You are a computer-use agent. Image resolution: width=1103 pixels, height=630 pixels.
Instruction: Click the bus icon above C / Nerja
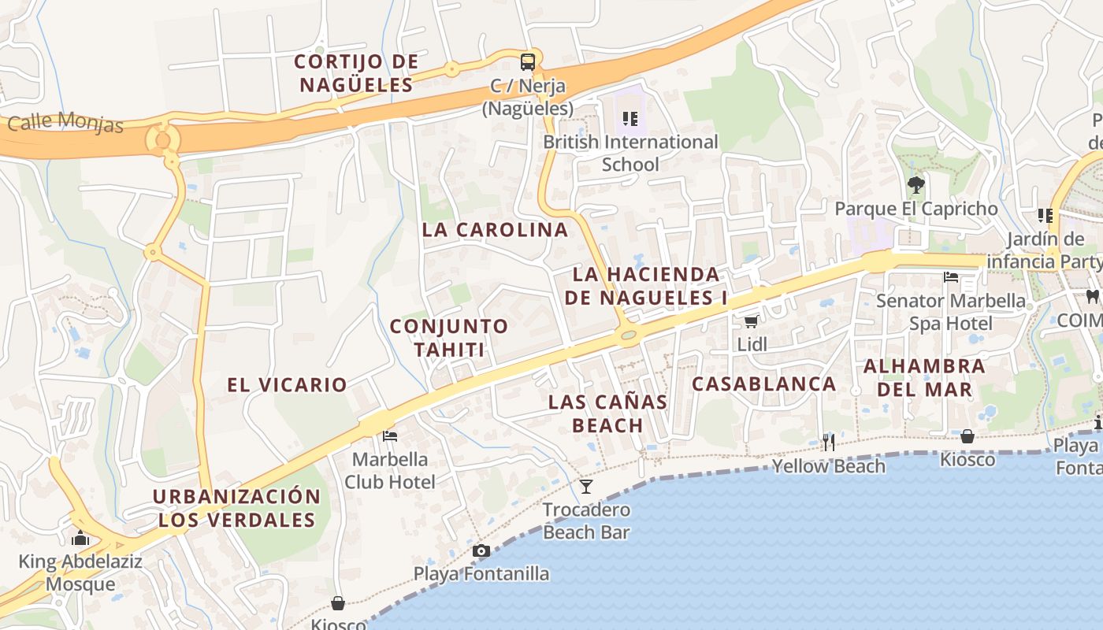click(x=528, y=61)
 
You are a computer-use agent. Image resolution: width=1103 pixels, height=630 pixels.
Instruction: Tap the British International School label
click(x=630, y=154)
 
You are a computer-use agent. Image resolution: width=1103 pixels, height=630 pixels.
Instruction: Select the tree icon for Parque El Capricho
click(x=915, y=186)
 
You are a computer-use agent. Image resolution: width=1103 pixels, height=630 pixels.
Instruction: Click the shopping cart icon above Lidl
click(x=752, y=321)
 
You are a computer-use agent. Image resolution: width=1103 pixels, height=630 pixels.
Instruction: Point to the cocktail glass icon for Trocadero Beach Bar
click(x=586, y=486)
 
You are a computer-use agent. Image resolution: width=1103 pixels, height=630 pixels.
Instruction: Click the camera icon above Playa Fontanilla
click(x=481, y=550)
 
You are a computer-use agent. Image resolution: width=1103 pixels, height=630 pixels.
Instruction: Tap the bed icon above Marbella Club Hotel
click(x=389, y=435)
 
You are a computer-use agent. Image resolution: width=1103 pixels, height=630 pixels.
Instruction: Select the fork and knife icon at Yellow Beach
click(x=828, y=442)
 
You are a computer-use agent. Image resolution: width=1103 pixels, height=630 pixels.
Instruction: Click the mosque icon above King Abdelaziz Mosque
click(x=80, y=539)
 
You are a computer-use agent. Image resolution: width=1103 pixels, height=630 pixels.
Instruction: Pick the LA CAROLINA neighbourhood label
click(x=495, y=230)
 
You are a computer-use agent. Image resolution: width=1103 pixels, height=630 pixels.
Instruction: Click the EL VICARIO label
click(x=287, y=385)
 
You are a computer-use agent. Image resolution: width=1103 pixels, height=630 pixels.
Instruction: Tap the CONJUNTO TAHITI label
click(x=449, y=337)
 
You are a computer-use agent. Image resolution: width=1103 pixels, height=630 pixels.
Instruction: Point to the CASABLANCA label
click(x=763, y=384)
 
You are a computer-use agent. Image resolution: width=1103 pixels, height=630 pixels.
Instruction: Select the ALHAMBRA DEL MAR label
click(x=924, y=377)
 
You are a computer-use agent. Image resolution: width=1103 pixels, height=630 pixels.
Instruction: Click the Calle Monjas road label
click(x=65, y=123)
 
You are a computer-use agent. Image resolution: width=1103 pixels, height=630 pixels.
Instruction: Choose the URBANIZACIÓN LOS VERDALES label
click(x=236, y=508)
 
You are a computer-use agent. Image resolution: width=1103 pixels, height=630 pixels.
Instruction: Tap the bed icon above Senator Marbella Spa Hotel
click(x=951, y=277)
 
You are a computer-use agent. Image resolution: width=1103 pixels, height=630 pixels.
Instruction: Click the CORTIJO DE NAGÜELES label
click(x=356, y=72)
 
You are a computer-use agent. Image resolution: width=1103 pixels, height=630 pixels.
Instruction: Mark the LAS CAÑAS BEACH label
click(x=607, y=413)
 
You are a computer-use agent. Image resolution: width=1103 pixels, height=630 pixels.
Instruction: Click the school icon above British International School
click(x=629, y=119)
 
